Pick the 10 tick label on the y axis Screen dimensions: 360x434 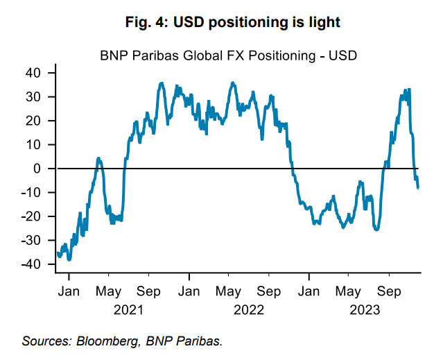[37, 144]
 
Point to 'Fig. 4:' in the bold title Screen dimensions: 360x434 [148, 23]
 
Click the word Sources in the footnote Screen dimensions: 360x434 [43, 341]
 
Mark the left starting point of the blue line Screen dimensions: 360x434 [58, 252]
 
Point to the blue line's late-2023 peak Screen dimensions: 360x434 [410, 89]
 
